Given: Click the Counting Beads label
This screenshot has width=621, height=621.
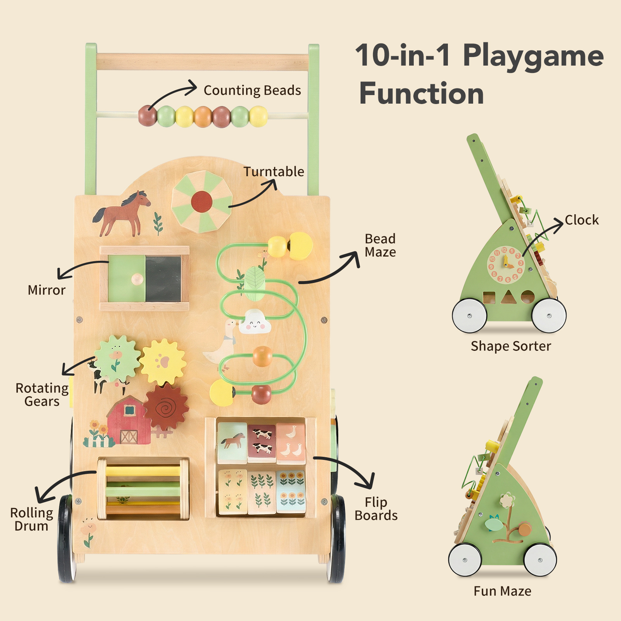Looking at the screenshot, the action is tap(252, 90).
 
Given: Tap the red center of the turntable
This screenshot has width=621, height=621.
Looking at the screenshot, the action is tap(202, 201).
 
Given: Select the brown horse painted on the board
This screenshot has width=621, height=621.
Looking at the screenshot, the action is tap(121, 213).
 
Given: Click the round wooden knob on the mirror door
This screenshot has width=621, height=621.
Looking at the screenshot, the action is tap(137, 279).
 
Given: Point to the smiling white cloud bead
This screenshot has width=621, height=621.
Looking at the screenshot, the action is tap(255, 321).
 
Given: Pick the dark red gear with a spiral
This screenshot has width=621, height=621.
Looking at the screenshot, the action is tap(166, 406).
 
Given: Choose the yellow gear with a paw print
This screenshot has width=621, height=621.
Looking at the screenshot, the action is tap(163, 362).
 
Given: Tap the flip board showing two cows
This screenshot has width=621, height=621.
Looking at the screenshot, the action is tap(262, 443).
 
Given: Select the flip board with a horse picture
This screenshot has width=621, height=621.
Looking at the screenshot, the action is tap(232, 443).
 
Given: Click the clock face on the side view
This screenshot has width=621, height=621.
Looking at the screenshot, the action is tap(506, 264).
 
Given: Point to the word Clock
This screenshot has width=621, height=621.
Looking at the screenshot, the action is tap(581, 220).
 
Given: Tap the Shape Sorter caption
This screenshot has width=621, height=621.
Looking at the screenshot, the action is tap(511, 346).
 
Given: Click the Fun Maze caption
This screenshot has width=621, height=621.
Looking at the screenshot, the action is tap(503, 591).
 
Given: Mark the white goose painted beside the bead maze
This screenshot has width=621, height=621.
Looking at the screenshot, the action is tap(221, 343).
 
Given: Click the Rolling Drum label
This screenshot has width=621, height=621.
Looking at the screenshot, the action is tap(31, 519).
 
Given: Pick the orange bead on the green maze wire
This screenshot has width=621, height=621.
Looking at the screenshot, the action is tap(263, 356).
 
